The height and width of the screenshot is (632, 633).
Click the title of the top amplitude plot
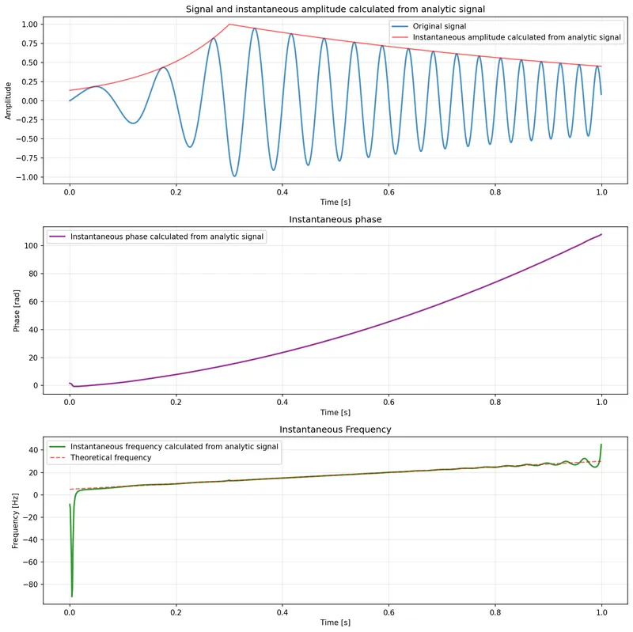click(x=335, y=9)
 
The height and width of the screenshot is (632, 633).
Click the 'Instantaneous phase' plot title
click(x=335, y=218)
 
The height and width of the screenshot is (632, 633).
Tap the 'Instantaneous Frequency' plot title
click(x=335, y=430)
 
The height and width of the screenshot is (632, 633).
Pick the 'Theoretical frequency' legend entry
click(x=111, y=457)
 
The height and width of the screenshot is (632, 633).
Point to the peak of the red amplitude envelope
click(x=229, y=25)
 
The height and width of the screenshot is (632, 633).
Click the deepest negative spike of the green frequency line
click(x=72, y=596)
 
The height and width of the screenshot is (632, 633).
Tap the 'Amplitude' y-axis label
click(x=9, y=100)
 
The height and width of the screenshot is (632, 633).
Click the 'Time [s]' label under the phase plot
click(x=335, y=412)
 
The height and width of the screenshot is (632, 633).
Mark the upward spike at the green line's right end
click(x=601, y=445)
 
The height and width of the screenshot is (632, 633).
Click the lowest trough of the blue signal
click(x=234, y=176)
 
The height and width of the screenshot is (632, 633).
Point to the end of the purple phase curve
click(x=601, y=234)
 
